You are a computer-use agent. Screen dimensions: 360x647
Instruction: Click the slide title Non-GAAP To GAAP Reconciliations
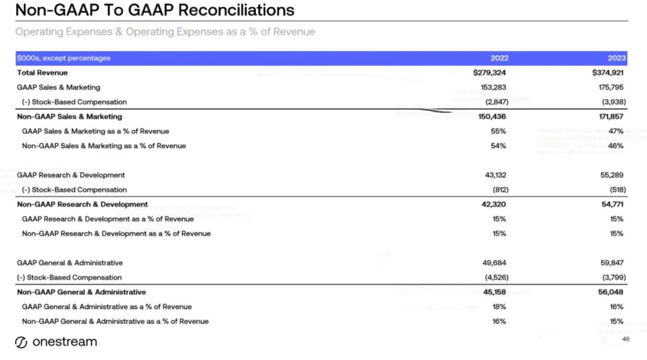(x=155, y=10)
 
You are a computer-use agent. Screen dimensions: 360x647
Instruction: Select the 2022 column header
(x=499, y=58)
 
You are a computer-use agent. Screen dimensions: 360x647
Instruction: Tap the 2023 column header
(x=616, y=58)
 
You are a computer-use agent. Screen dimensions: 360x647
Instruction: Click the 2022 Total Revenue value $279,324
(x=489, y=72)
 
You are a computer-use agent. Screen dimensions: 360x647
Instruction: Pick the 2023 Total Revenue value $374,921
(x=607, y=72)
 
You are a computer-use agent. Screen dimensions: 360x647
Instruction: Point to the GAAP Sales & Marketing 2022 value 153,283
(x=492, y=87)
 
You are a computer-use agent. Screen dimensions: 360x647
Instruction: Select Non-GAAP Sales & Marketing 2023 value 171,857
(x=611, y=116)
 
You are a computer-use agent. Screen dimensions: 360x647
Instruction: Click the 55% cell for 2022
(x=498, y=131)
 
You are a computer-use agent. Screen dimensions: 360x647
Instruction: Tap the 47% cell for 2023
(x=616, y=131)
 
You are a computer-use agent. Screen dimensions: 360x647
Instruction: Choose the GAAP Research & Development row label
(x=71, y=175)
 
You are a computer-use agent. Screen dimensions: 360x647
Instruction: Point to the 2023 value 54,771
(x=612, y=204)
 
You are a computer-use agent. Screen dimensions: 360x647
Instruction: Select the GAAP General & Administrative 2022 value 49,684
(x=494, y=263)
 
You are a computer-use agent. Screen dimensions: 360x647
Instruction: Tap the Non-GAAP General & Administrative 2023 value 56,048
(x=611, y=292)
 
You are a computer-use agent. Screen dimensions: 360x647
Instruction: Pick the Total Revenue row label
(x=43, y=72)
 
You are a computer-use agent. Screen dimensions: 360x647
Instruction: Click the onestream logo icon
(x=21, y=343)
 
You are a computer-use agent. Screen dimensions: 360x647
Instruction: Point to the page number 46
(x=625, y=339)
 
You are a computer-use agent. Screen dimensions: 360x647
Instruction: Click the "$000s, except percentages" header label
(x=64, y=58)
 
